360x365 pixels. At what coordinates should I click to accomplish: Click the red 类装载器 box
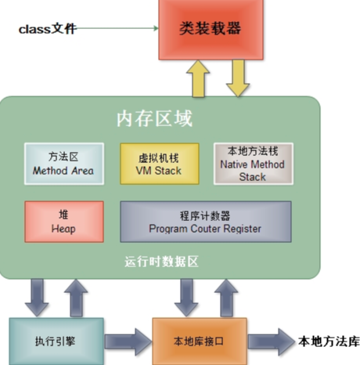click(x=211, y=30)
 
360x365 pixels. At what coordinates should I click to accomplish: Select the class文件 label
click(x=48, y=29)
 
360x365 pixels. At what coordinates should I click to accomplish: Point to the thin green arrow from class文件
click(x=117, y=28)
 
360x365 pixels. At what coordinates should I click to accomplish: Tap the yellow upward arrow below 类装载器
click(x=198, y=79)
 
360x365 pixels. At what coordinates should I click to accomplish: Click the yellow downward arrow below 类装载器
click(x=238, y=78)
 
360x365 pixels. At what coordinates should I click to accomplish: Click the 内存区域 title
click(x=154, y=119)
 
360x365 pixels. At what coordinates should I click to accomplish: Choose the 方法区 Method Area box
click(x=64, y=164)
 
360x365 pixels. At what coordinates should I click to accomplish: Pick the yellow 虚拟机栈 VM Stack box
click(x=160, y=164)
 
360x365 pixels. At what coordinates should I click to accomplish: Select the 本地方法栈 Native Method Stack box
click(x=254, y=164)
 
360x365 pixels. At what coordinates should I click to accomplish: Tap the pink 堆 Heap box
click(x=64, y=222)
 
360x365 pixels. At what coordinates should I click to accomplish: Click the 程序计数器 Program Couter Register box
click(x=206, y=222)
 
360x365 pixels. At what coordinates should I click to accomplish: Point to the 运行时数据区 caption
click(x=161, y=262)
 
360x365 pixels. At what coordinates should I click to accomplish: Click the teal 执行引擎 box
click(x=56, y=341)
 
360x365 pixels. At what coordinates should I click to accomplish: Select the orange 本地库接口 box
click(x=200, y=341)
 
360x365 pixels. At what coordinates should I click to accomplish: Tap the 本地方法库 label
click(x=329, y=342)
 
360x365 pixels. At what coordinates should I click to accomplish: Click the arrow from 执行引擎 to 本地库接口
click(x=128, y=342)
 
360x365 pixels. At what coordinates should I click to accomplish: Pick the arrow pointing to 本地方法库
click(x=272, y=342)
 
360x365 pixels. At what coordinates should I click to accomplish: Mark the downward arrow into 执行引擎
click(x=37, y=298)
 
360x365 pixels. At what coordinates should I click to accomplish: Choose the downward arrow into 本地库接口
click(x=186, y=298)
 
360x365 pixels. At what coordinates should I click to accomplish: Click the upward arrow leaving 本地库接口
click(x=226, y=298)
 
